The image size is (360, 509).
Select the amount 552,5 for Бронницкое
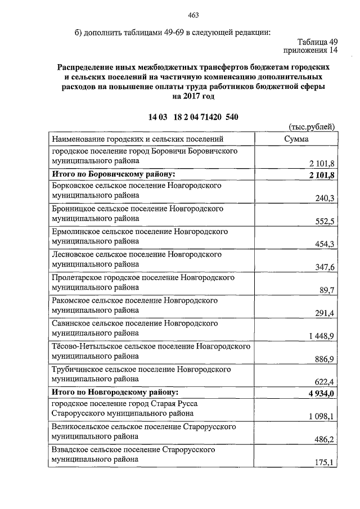point(325,221)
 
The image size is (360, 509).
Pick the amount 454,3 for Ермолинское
point(325,244)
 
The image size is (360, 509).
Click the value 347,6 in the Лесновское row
point(325,267)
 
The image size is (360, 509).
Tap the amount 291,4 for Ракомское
point(325,313)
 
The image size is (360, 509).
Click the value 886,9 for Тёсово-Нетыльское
point(325,359)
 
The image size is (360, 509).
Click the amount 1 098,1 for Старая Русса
point(321,417)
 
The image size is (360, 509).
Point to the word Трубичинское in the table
point(78,370)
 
